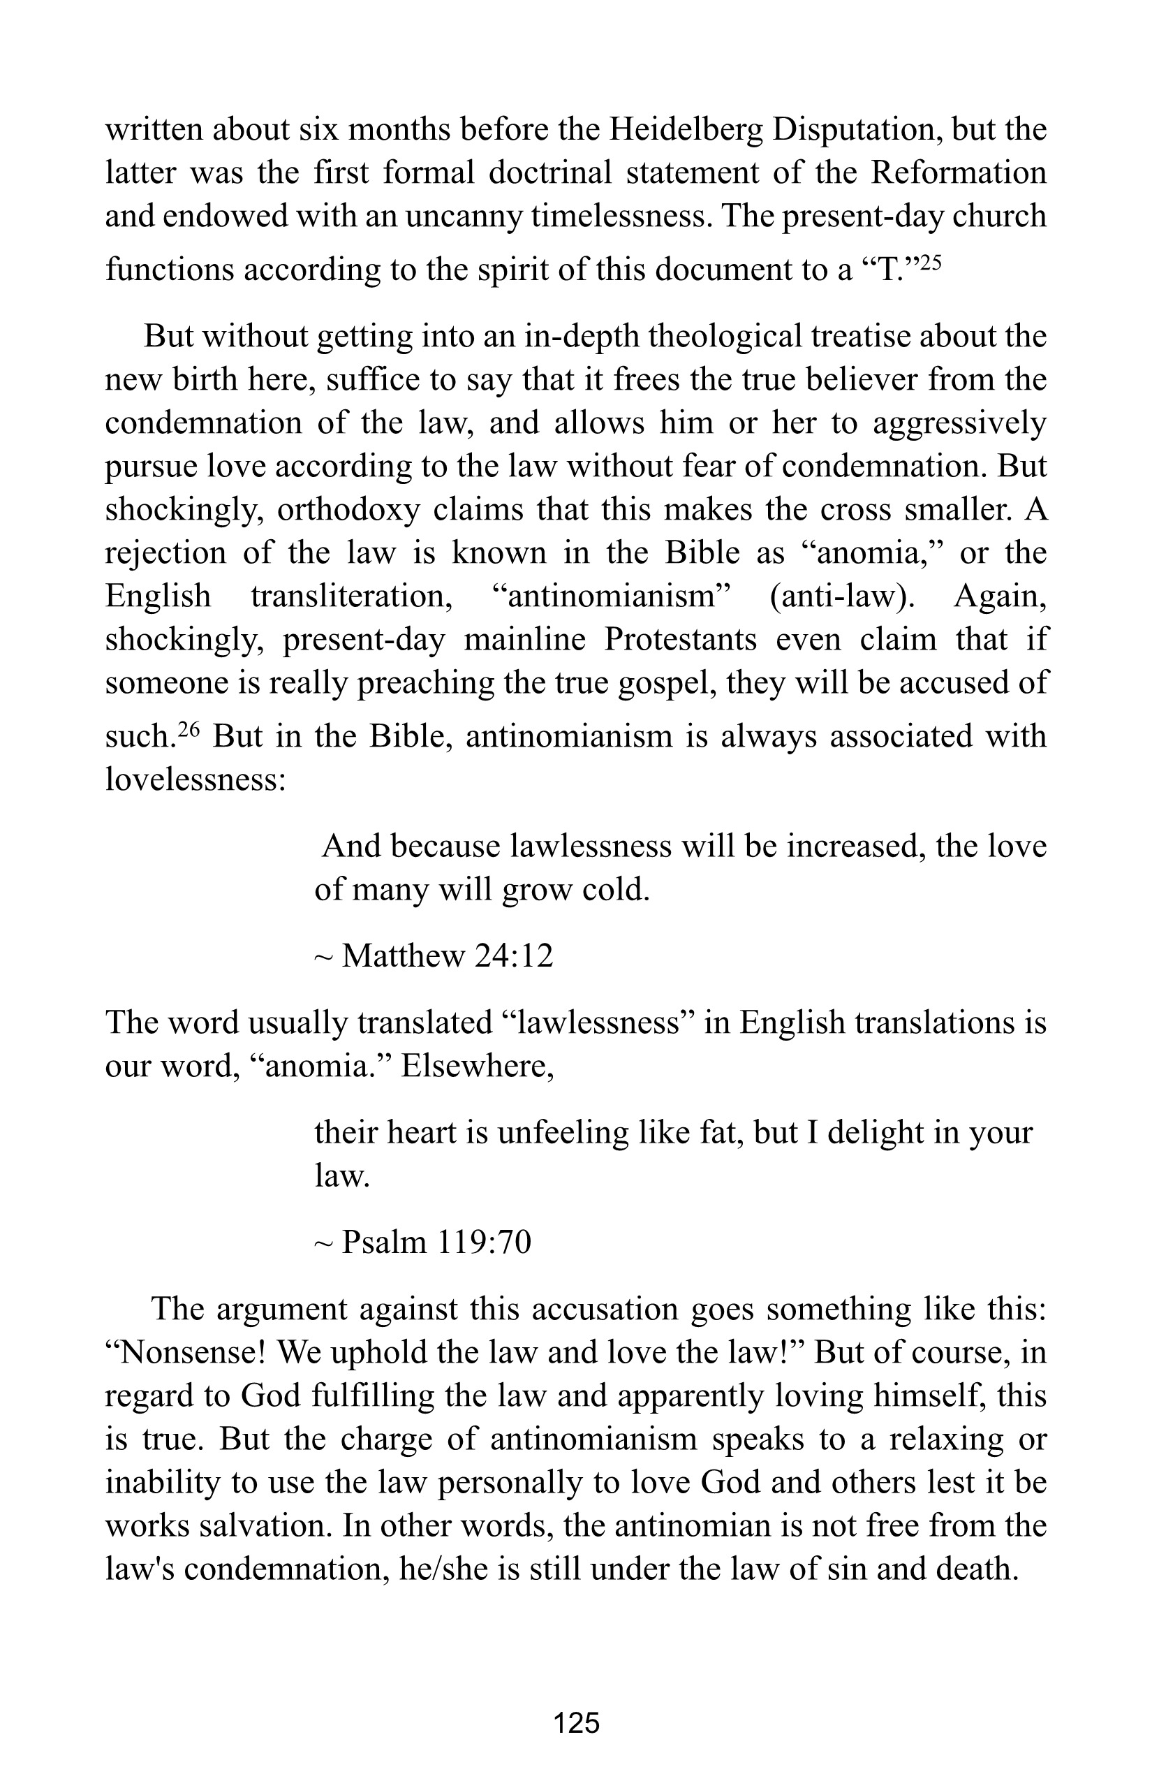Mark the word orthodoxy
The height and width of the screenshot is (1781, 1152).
(x=348, y=510)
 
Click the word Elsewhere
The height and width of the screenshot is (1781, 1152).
(x=476, y=1065)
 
